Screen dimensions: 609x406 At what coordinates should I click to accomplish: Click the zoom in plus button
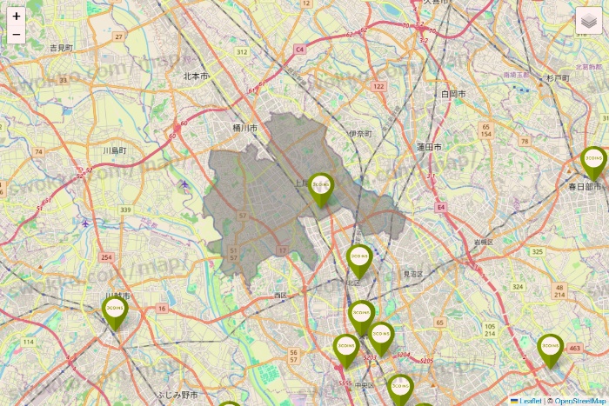click(17, 16)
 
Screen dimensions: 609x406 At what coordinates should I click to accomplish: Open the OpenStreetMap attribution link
click(581, 401)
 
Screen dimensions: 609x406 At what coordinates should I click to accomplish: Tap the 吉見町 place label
click(61, 48)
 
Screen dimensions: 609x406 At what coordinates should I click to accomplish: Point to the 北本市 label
click(196, 77)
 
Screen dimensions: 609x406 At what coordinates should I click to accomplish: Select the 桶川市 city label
click(245, 128)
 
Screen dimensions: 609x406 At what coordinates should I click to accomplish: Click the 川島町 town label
click(115, 150)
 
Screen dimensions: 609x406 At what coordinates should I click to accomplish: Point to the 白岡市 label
click(453, 93)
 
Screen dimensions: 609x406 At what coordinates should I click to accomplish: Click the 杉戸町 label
click(558, 77)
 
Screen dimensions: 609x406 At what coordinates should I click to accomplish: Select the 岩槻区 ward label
click(484, 242)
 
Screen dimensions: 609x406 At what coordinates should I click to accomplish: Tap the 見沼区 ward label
click(412, 274)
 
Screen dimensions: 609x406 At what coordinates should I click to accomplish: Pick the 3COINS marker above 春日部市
click(594, 163)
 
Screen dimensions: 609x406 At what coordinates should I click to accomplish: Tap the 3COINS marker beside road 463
click(550, 349)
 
